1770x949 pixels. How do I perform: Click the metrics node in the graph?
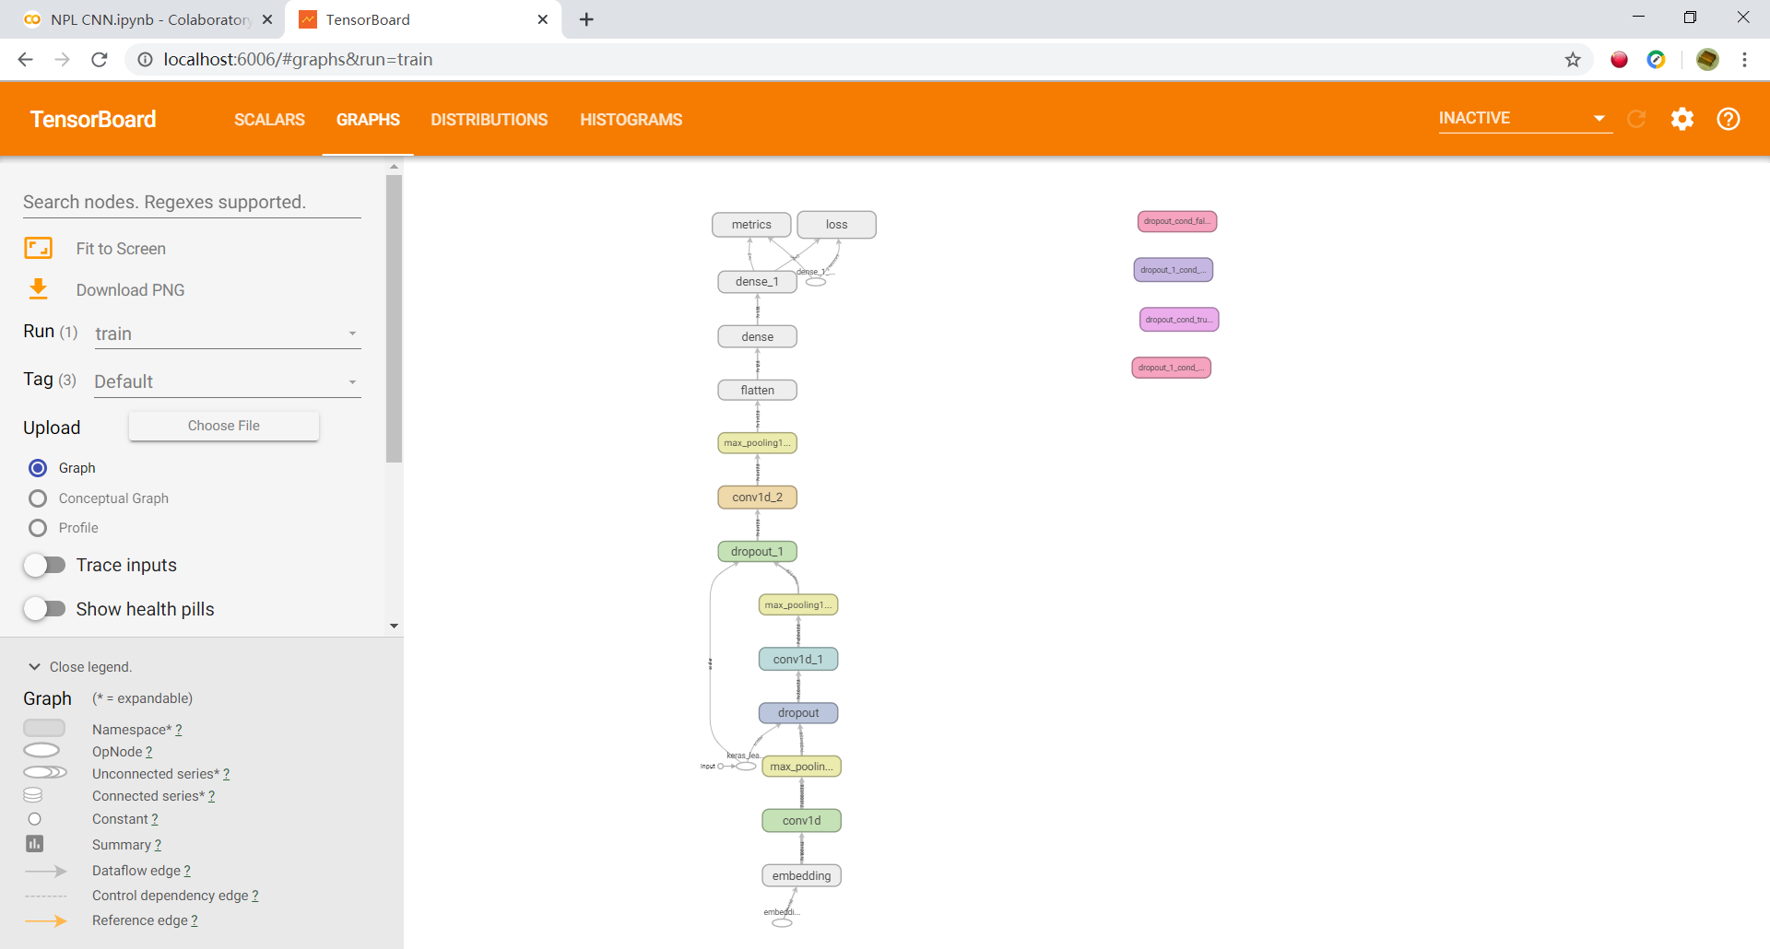[x=751, y=225]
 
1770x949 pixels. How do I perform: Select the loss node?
[x=836, y=225]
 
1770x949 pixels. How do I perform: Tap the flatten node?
[x=757, y=391]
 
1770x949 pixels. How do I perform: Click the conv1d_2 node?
[x=757, y=498]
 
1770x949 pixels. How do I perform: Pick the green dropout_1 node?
[x=757, y=552]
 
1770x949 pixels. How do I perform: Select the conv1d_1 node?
[x=797, y=660]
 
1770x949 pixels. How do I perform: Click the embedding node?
[x=801, y=876]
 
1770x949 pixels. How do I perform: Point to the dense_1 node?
[x=757, y=282]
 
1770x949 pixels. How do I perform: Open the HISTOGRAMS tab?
[x=631, y=120]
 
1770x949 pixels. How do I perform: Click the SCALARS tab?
[x=269, y=120]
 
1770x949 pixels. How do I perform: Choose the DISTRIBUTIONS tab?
[x=489, y=120]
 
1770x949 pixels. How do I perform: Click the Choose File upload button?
[x=224, y=426]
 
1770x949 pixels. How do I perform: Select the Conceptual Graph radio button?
[x=38, y=498]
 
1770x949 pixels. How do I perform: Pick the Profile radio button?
[x=38, y=528]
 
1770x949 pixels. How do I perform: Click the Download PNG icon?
[x=38, y=289]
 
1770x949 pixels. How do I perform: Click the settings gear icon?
[x=1681, y=119]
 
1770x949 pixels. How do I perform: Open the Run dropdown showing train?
[x=227, y=334]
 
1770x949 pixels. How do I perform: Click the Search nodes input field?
[x=192, y=203]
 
